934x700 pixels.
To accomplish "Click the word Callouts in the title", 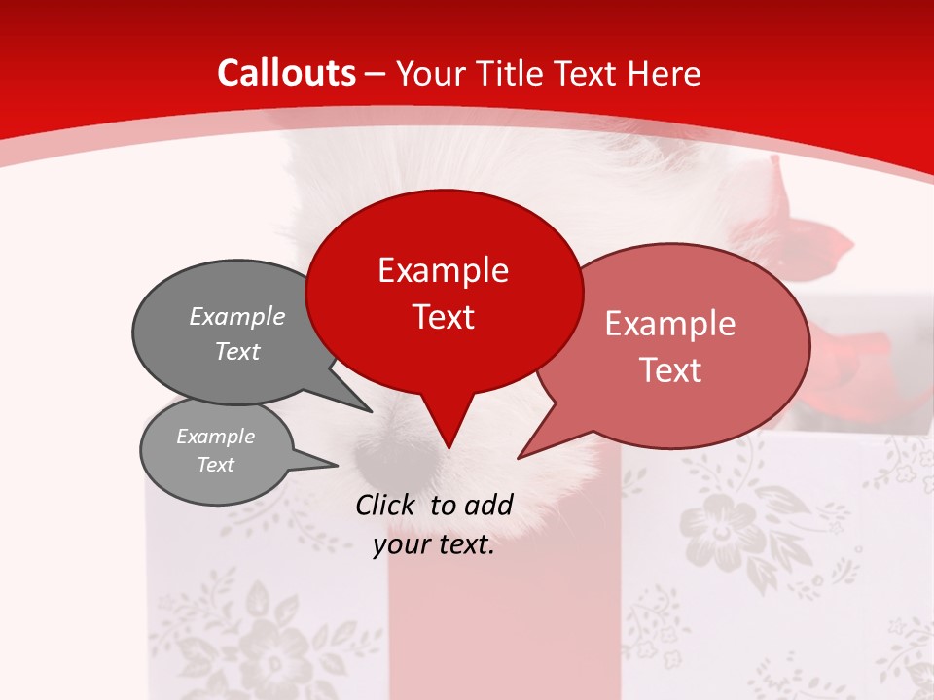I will pos(286,73).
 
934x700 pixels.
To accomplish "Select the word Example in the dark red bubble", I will pos(443,270).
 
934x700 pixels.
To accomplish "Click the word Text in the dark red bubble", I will pos(443,317).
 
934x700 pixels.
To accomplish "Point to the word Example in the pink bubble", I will pos(670,324).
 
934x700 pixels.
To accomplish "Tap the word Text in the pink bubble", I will pos(670,370).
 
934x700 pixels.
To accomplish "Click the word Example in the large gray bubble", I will pos(237,317).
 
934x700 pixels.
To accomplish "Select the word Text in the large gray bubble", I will pos(237,352).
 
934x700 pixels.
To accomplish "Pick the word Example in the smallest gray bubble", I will pos(216,437).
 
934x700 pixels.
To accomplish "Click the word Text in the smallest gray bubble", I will pos(216,465).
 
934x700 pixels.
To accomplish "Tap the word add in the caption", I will pos(488,505).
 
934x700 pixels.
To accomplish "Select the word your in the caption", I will pos(401,545).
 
